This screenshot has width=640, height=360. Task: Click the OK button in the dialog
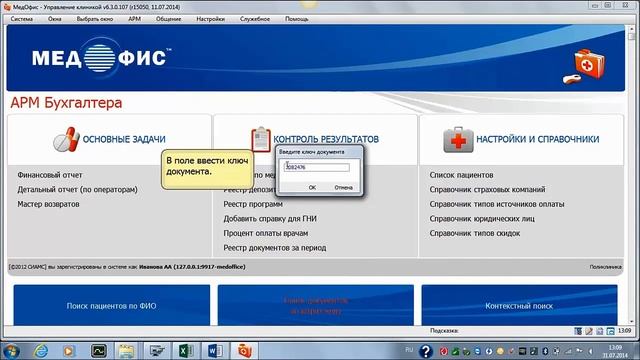(313, 187)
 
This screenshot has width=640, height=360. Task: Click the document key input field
(317, 167)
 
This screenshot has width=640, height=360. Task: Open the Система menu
(22, 19)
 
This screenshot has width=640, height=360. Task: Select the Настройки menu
(210, 19)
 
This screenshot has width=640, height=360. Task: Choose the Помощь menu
(297, 19)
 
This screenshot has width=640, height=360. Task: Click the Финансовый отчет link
(50, 174)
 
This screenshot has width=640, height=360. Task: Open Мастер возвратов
(49, 204)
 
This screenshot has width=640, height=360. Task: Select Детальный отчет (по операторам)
(77, 189)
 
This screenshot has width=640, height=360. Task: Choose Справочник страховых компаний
(487, 189)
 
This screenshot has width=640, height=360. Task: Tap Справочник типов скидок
(473, 233)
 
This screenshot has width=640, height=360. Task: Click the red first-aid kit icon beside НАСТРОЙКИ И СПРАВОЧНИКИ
(458, 138)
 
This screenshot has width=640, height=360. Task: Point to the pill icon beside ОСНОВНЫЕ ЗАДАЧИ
(66, 138)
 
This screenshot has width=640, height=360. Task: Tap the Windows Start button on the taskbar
(13, 351)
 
